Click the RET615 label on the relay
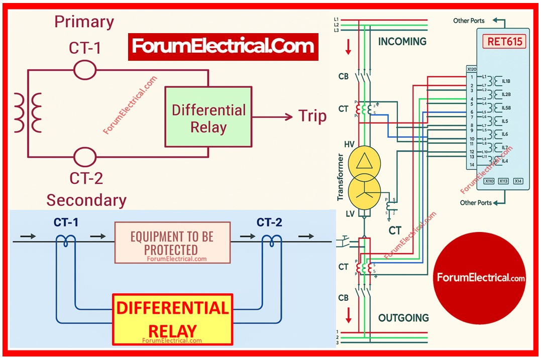click(x=505, y=41)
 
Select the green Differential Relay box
click(x=208, y=117)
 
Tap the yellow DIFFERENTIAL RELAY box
click(x=173, y=319)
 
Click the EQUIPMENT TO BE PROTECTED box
click(x=172, y=243)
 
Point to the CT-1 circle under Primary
click(x=85, y=70)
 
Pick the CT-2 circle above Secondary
click(x=85, y=158)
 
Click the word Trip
click(x=312, y=116)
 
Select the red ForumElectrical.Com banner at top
click(x=223, y=47)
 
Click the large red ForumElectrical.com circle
click(x=481, y=278)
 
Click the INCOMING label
click(x=402, y=41)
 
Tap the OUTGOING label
click(x=403, y=318)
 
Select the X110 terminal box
click(x=489, y=181)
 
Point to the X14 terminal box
click(x=518, y=181)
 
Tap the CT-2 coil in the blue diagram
click(x=272, y=242)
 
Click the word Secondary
click(x=86, y=200)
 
